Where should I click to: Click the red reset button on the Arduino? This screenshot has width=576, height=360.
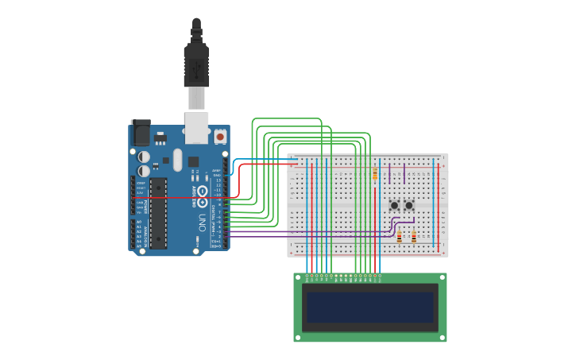pyautogui.click(x=220, y=137)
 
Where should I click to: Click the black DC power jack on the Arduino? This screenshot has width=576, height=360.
pyautogui.click(x=141, y=132)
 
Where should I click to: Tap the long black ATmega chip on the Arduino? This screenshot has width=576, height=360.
pyautogui.click(x=158, y=213)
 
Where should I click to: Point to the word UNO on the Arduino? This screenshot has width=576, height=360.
pyautogui.click(x=202, y=223)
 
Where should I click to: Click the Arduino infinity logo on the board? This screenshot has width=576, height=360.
pyautogui.click(x=203, y=191)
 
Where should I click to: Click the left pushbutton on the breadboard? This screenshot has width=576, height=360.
pyautogui.click(x=395, y=205)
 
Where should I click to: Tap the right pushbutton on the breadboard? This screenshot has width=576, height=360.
pyautogui.click(x=409, y=205)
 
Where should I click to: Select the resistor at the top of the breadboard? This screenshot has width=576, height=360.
pyautogui.click(x=375, y=174)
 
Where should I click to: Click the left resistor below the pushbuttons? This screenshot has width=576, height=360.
pyautogui.click(x=399, y=236)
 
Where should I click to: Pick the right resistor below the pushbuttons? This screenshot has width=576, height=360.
pyautogui.click(x=414, y=236)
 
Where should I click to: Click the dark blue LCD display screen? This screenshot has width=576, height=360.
pyautogui.click(x=370, y=307)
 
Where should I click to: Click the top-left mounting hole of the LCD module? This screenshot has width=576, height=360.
pyautogui.click(x=298, y=277)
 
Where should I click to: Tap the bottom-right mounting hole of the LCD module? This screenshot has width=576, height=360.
pyautogui.click(x=443, y=337)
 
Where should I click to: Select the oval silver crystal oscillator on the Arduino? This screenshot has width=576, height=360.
pyautogui.click(x=177, y=159)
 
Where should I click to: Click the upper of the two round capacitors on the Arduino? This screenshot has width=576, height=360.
pyautogui.click(x=144, y=157)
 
